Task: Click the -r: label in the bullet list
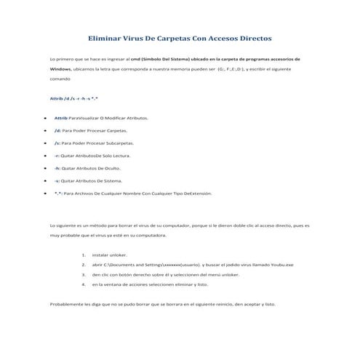(57, 156)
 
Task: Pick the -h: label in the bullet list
(57, 168)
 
